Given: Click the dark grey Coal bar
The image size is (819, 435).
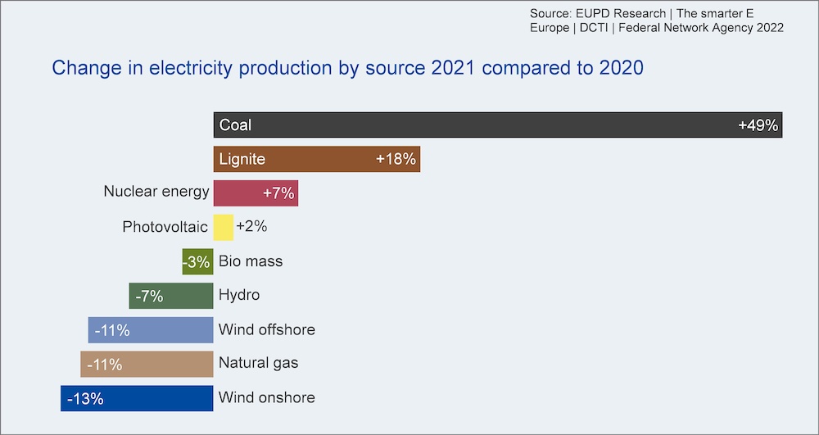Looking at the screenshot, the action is pos(498,125).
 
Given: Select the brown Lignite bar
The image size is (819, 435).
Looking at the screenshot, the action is pos(317,159).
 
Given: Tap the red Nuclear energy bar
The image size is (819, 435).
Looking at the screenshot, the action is pos(256,193).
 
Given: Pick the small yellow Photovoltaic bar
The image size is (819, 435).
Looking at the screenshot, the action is pos(224,227).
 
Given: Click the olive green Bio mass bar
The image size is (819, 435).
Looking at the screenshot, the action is pos(198,261).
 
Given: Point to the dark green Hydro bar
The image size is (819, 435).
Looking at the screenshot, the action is pos(171,296).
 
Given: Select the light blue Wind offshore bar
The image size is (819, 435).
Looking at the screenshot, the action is pos(151,329).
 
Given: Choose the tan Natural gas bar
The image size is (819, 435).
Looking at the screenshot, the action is pos(147,364).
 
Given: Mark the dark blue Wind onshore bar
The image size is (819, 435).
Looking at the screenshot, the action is pos(137,398).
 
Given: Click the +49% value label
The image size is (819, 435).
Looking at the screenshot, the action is pos(758,125).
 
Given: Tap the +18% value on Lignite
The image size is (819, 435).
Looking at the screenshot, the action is pos(396,159).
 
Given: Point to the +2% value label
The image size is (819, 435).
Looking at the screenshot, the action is pos(251,227).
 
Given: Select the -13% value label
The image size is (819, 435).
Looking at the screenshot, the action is pos(85,399).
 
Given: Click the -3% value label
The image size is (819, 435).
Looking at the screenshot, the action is pos(197,261).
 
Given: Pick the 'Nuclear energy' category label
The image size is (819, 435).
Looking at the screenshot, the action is pos(156,192).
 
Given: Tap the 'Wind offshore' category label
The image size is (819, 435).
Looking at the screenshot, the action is pos(267,329).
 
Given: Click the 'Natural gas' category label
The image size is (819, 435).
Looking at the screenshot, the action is pos(259,363).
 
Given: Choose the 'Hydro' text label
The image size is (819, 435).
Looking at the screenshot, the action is pos(239,295).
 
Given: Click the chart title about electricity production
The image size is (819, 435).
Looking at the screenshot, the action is pos(347,69).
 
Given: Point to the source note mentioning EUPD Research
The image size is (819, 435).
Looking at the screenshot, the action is pos(657,20).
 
